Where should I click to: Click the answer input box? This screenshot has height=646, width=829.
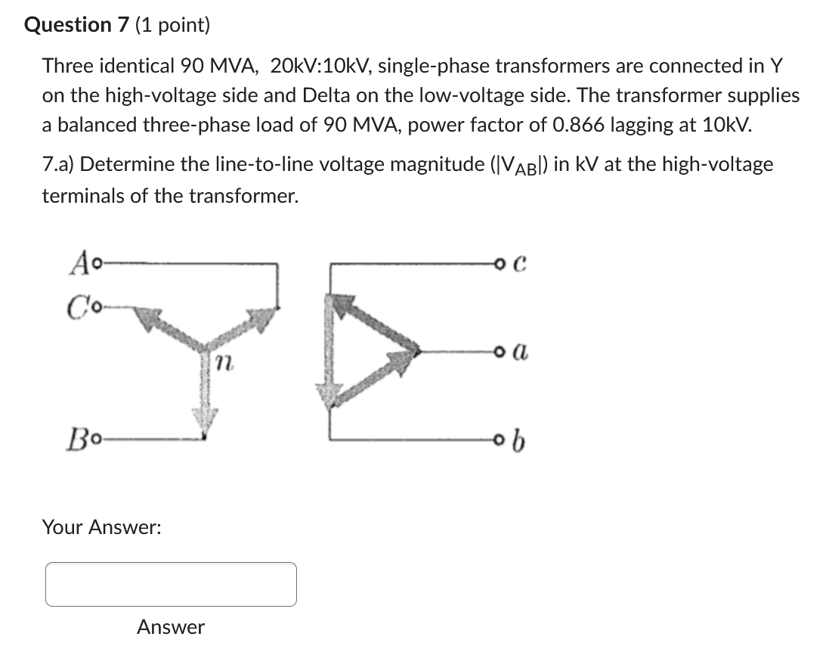click(171, 584)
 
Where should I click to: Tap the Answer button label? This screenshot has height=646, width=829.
click(171, 627)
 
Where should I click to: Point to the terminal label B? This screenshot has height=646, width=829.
click(79, 438)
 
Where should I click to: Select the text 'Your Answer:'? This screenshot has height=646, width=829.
click(101, 527)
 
